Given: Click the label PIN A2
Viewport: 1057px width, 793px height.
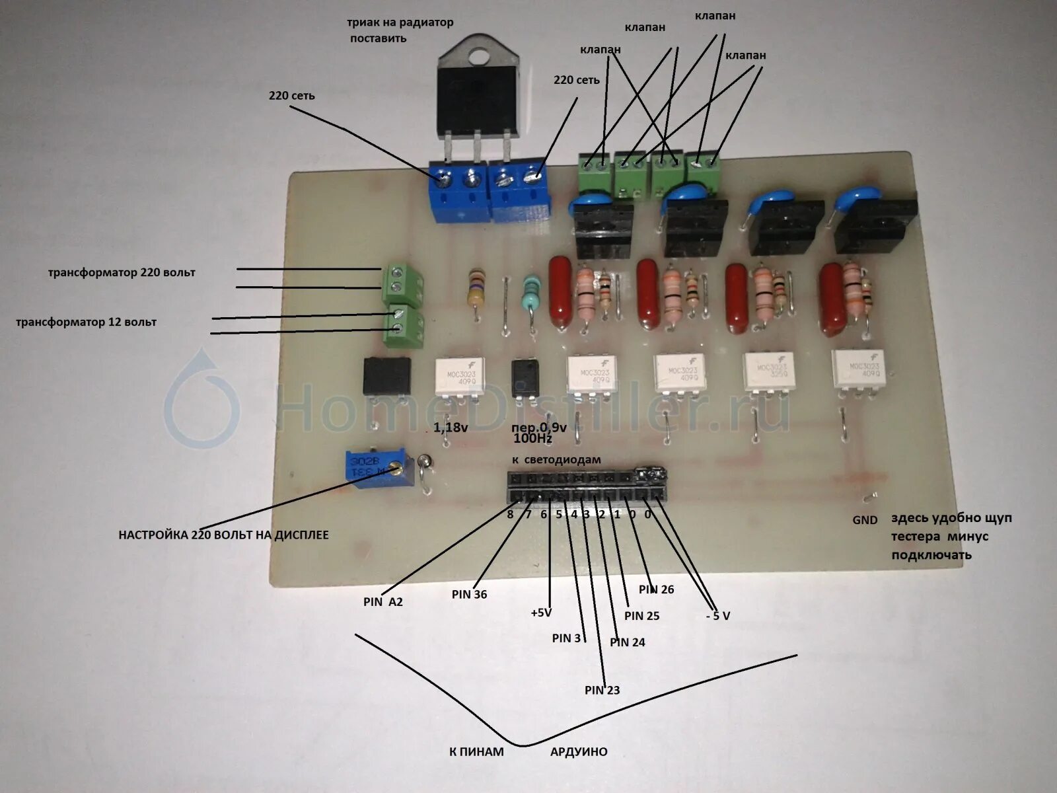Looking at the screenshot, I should [x=383, y=602].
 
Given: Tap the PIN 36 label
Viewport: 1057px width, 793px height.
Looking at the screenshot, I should [x=469, y=595].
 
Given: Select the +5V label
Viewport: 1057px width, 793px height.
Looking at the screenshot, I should [x=540, y=613].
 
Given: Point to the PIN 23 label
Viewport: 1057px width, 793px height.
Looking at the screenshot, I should [x=602, y=691].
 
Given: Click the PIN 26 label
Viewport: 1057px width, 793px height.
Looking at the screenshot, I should [x=656, y=589].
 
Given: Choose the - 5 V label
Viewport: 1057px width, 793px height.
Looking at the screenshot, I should [x=717, y=616].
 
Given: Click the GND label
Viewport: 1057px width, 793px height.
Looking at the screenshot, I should [x=864, y=520].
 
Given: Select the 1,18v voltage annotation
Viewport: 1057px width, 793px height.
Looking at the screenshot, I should [x=451, y=428].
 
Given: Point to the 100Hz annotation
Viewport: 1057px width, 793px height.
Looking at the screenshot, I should [x=532, y=439].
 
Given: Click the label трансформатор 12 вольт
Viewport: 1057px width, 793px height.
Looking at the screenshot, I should [x=87, y=322].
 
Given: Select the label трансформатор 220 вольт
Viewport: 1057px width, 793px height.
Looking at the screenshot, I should [x=122, y=272].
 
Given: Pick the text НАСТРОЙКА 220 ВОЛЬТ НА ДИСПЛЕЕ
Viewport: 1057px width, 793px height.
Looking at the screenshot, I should [x=223, y=535].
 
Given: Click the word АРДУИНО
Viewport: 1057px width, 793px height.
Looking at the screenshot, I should [x=578, y=752].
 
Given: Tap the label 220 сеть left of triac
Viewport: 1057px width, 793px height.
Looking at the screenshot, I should [x=291, y=96].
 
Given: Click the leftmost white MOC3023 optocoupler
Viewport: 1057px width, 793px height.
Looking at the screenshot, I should [x=460, y=377].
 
